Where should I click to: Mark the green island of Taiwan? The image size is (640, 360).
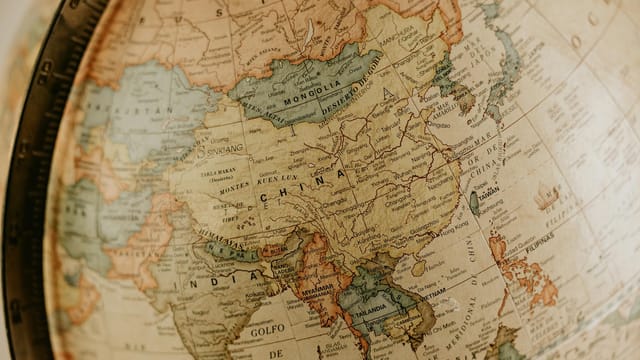pyautogui.click(x=474, y=202)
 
